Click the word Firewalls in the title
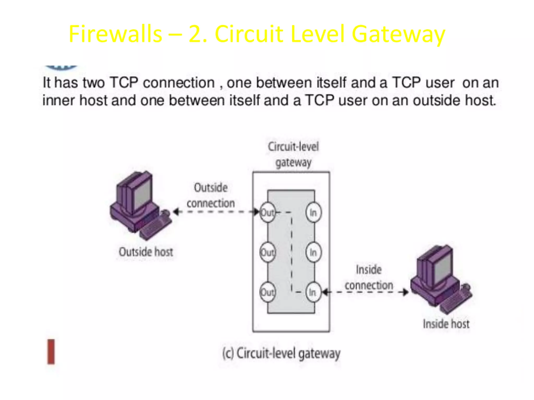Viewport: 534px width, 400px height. pos(115,34)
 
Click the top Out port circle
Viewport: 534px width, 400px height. pos(268,212)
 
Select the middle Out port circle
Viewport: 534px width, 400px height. pos(268,252)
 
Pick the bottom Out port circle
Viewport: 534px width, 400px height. pos(268,292)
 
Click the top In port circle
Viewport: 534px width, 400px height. pos(313,212)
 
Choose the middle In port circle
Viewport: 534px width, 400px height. pos(313,252)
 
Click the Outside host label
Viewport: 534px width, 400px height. pos(146,252)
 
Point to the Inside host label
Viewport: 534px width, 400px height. pos(446,324)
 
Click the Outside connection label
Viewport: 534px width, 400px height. pos(211,195)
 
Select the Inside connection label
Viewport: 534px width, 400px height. pos(369,277)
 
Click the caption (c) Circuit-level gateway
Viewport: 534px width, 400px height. pos(281,354)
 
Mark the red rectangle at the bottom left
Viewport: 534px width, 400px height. pos(51,352)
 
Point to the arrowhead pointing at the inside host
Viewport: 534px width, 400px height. pos(405,292)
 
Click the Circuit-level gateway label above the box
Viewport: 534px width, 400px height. pos(293,154)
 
